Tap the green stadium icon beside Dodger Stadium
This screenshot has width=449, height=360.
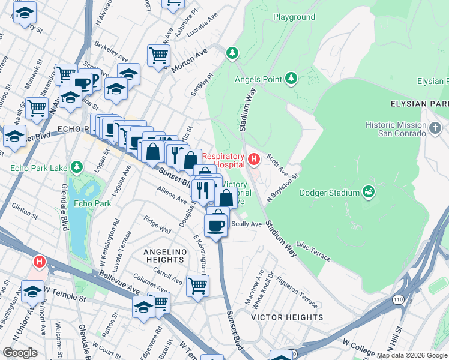[369, 192]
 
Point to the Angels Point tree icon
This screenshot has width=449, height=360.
[291, 79]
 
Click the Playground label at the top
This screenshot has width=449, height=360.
[294, 17]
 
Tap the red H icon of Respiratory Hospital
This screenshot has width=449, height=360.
[253, 159]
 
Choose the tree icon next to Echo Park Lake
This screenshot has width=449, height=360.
[76, 166]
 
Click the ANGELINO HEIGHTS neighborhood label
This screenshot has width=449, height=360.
[164, 256]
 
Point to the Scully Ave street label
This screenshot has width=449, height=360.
[247, 224]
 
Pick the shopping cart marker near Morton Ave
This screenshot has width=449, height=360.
[158, 56]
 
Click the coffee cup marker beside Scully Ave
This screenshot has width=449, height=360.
[216, 225]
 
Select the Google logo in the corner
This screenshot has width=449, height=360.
[20, 352]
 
